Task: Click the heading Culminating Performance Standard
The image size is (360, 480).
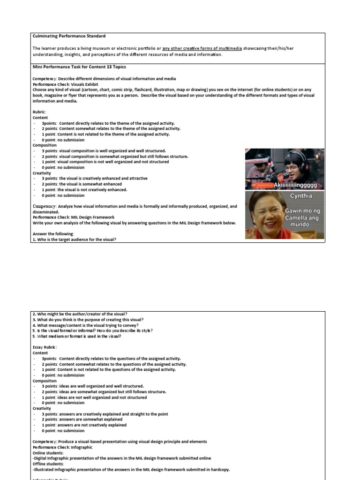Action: [x=69, y=36]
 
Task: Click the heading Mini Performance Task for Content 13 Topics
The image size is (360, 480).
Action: [x=79, y=67]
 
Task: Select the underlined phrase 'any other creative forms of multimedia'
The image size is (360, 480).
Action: [x=202, y=48]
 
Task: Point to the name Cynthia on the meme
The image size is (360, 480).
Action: [x=300, y=196]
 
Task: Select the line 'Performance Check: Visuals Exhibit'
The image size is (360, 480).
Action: [x=65, y=84]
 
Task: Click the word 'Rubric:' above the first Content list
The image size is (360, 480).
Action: [x=39, y=112]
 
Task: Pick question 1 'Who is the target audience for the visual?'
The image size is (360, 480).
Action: [x=74, y=240]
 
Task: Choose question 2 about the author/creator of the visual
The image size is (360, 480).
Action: [x=80, y=314]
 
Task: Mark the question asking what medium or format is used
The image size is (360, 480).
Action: [x=77, y=336]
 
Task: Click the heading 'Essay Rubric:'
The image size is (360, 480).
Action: [x=45, y=347]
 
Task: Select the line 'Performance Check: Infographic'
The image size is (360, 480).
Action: [x=62, y=447]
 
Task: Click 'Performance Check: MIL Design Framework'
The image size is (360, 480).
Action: [x=73, y=217]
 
